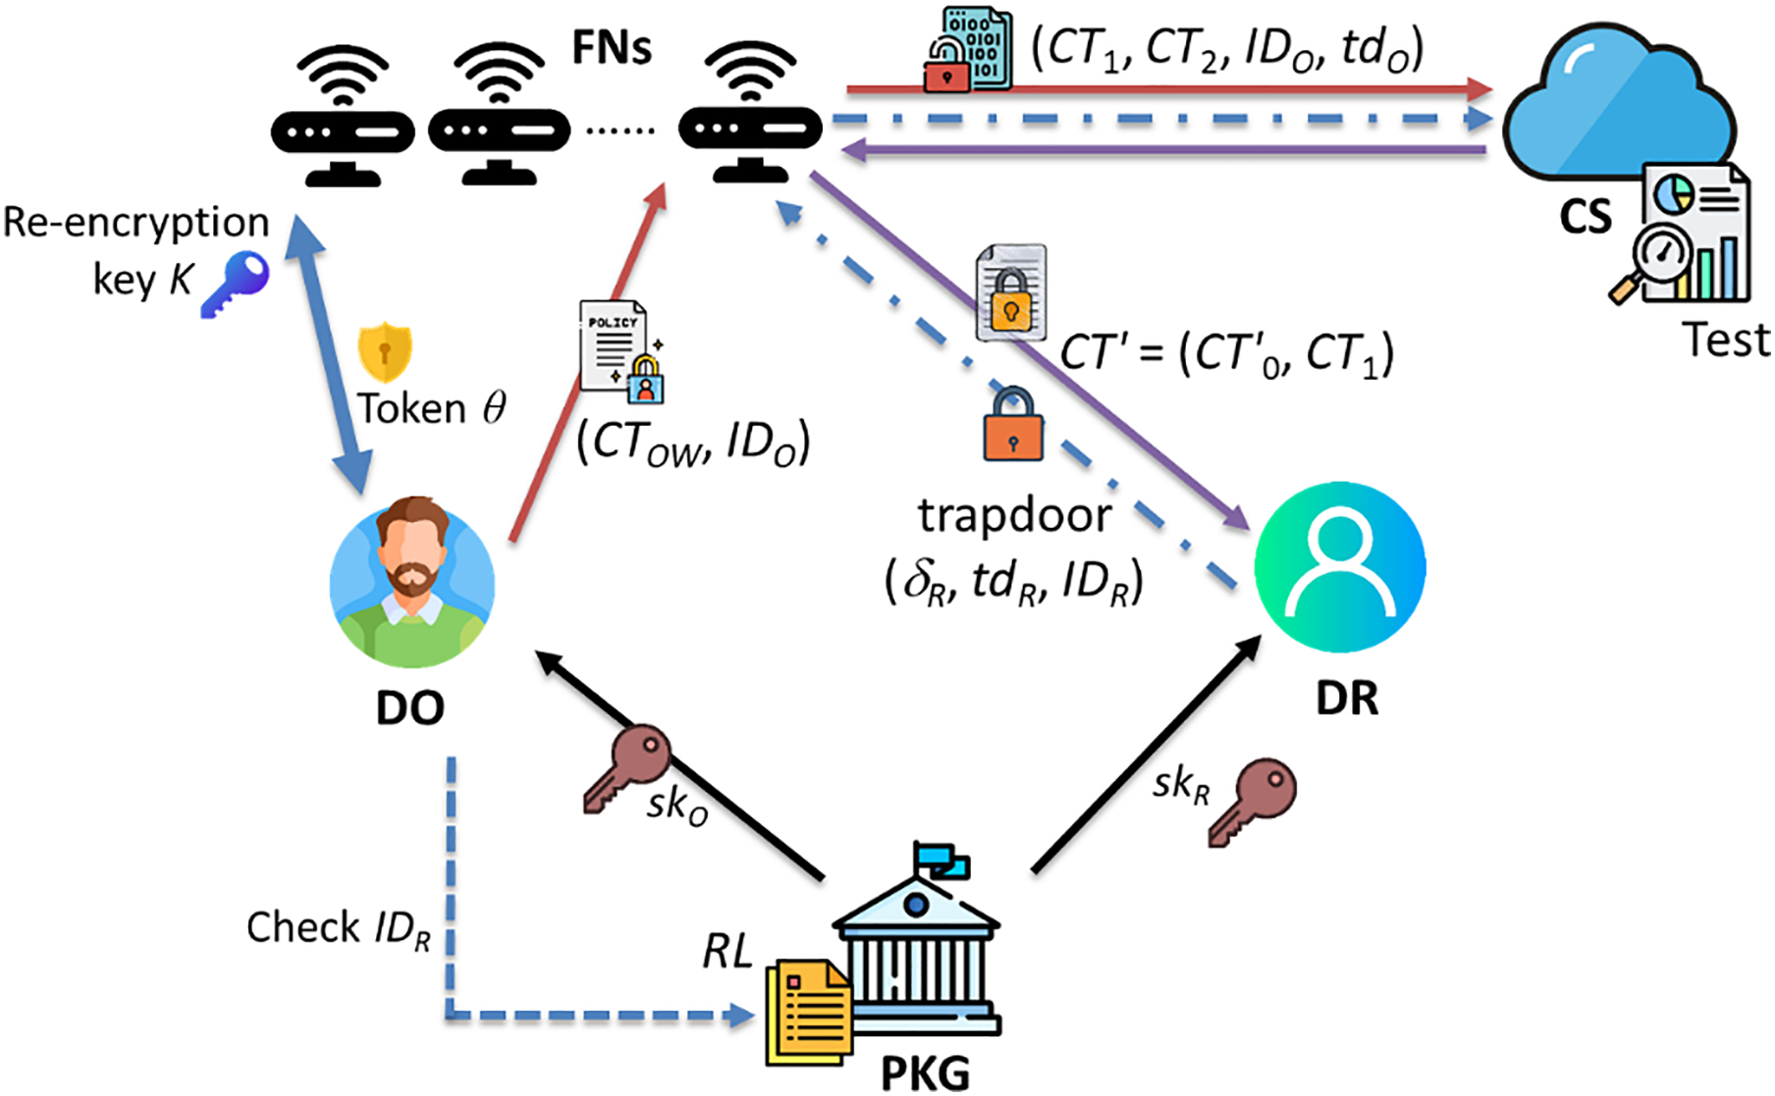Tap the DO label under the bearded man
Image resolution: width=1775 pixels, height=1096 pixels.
click(410, 707)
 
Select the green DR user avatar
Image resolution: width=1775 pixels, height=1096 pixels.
click(1340, 566)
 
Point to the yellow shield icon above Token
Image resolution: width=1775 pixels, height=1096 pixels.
click(385, 351)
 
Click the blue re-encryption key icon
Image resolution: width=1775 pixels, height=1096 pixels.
click(236, 284)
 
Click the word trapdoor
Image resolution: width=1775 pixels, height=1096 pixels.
click(1015, 516)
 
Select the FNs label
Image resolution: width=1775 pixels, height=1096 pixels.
click(612, 47)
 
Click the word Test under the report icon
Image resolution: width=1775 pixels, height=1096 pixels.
click(1727, 340)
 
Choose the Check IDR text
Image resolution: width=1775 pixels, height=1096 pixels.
click(339, 928)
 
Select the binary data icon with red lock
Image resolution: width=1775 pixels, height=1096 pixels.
click(968, 49)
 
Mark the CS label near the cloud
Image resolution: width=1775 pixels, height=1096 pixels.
click(1586, 217)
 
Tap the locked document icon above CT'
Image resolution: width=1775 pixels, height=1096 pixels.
click(1011, 292)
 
